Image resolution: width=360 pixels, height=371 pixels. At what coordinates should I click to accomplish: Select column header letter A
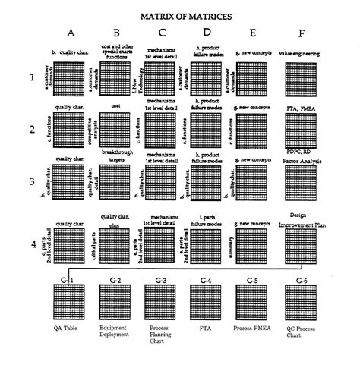pyautogui.click(x=71, y=33)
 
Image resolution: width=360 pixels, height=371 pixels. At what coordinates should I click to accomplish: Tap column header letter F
pyautogui.click(x=302, y=33)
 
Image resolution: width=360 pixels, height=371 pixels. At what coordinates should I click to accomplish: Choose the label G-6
pyautogui.click(x=301, y=281)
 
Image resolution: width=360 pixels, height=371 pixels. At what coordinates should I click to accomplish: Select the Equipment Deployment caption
pyautogui.click(x=115, y=333)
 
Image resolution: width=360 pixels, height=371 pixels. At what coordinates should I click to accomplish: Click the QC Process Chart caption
pyautogui.click(x=301, y=333)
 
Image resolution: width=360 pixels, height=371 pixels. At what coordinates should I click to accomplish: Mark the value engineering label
pyautogui.click(x=299, y=54)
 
